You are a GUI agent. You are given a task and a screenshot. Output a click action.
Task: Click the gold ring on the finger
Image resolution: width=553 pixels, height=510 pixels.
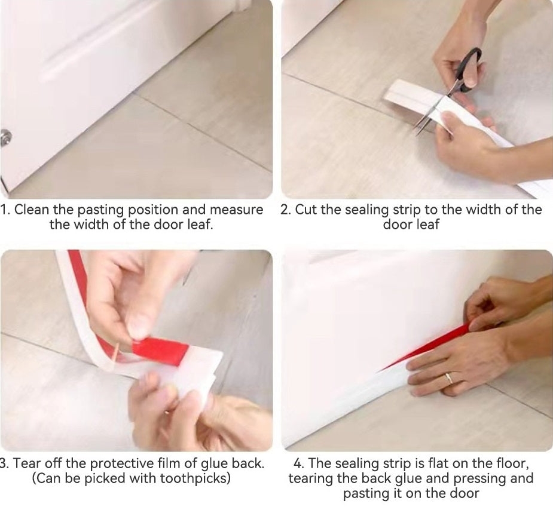[448, 379]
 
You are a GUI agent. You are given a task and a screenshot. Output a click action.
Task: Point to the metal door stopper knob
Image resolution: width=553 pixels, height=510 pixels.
[5, 137]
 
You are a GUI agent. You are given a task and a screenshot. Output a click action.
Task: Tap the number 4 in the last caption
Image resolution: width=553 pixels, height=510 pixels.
[298, 463]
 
